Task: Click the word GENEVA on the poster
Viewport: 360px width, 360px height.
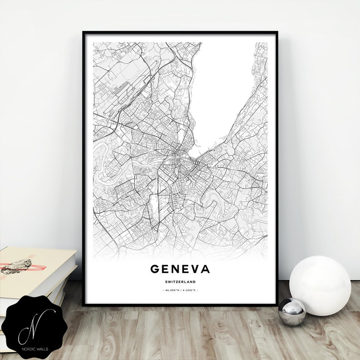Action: [180, 269]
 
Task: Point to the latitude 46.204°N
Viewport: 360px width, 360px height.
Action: [171, 289]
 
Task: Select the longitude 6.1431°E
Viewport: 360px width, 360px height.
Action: [189, 289]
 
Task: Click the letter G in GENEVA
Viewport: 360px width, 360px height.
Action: [155, 269]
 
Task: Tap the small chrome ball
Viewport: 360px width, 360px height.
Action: [292, 311]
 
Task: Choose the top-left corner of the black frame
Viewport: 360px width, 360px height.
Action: [83, 32]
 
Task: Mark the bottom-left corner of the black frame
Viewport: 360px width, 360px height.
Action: [83, 303]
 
